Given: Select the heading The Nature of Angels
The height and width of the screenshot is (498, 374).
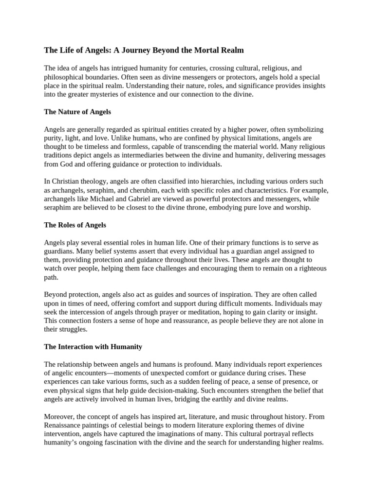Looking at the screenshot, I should point(77,112).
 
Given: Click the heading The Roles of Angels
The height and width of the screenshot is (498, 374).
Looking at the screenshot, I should point(75,225).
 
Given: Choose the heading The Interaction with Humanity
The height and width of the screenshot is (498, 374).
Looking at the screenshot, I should point(93,347).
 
